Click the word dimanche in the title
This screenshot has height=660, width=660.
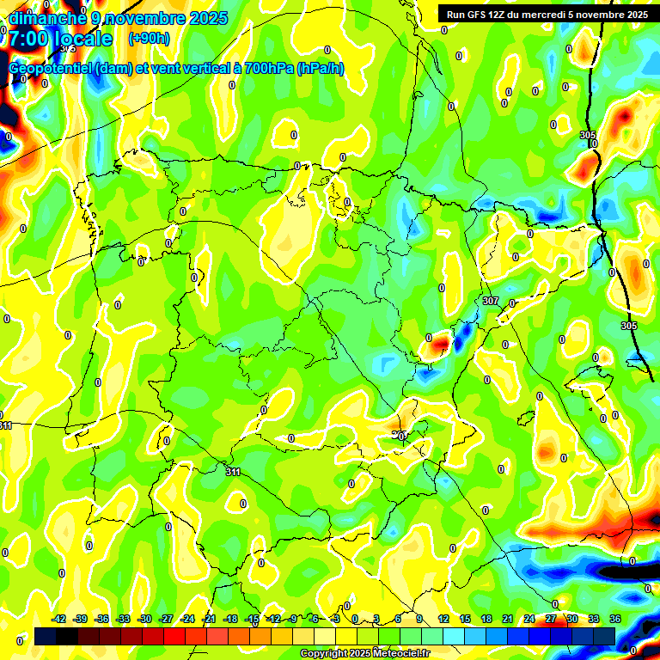(x=46, y=18)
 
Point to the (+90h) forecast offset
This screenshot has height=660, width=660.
(x=149, y=39)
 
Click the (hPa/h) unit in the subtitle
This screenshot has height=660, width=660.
(x=320, y=69)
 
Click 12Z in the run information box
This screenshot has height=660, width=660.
(x=506, y=15)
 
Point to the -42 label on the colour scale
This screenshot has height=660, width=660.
(x=59, y=620)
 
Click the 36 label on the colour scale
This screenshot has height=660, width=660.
(x=615, y=620)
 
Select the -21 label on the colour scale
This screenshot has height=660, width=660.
(x=209, y=620)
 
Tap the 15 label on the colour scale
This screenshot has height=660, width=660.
(x=465, y=620)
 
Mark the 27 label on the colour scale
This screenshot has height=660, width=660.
(x=551, y=620)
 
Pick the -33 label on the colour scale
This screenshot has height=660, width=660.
(x=123, y=620)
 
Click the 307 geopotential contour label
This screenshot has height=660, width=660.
(x=490, y=301)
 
